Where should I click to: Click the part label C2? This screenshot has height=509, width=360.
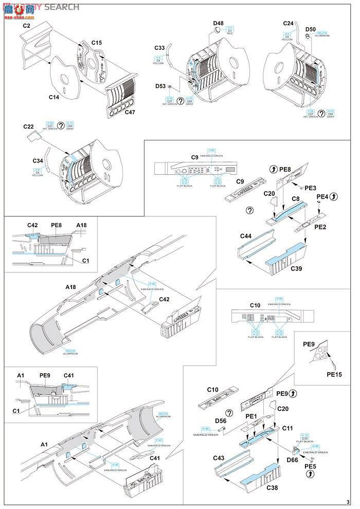pos(27,25)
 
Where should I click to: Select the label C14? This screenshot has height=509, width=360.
pos(55,96)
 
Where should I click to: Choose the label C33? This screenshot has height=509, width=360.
pos(160,48)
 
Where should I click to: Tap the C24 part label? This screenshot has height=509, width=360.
pos(289,24)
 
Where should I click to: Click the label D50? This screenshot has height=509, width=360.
pos(311,29)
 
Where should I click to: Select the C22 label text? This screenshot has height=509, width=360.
pos(29,126)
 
